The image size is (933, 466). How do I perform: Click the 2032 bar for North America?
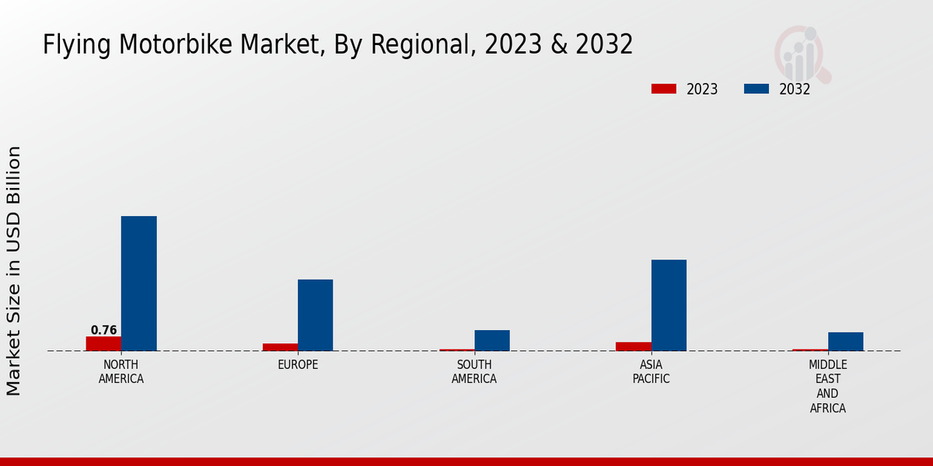pos(138,283)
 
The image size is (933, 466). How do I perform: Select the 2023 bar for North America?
pos(103,343)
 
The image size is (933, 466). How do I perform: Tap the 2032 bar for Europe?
pos(315,315)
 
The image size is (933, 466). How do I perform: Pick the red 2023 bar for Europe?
pos(280,347)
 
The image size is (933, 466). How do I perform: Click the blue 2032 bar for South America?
pos(492,340)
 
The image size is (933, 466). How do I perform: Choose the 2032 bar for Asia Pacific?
pos(669,305)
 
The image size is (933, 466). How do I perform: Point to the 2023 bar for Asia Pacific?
pos(634,346)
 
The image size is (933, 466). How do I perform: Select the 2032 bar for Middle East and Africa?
pos(845,342)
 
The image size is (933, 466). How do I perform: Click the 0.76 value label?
pos(103,330)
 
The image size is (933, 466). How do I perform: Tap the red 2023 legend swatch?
pos(663,89)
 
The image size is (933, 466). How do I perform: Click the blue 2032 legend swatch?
pos(756,89)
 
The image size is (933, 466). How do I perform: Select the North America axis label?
pos(121,372)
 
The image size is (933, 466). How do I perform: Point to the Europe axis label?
pos(298,365)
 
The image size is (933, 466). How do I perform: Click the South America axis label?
pos(474,372)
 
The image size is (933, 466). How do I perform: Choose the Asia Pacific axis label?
pos(651,372)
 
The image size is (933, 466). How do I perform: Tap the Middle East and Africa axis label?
pos(828,386)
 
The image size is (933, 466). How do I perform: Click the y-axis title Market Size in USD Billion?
pos(14,270)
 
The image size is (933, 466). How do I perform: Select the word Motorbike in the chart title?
pos(165,45)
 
